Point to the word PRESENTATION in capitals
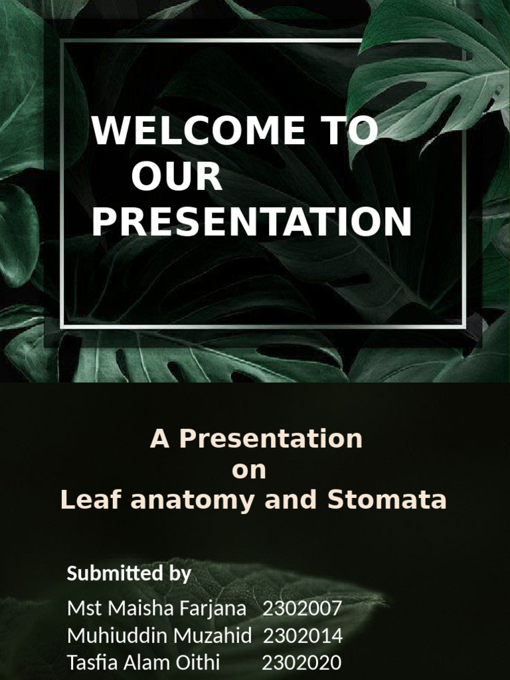[x=252, y=222]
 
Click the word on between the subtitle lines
[x=248, y=470]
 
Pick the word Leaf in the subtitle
[x=92, y=500]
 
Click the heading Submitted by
[x=129, y=573]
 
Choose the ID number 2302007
[x=302, y=608]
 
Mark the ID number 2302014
[x=303, y=636]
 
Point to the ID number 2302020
[x=301, y=662]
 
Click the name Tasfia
[x=91, y=662]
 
